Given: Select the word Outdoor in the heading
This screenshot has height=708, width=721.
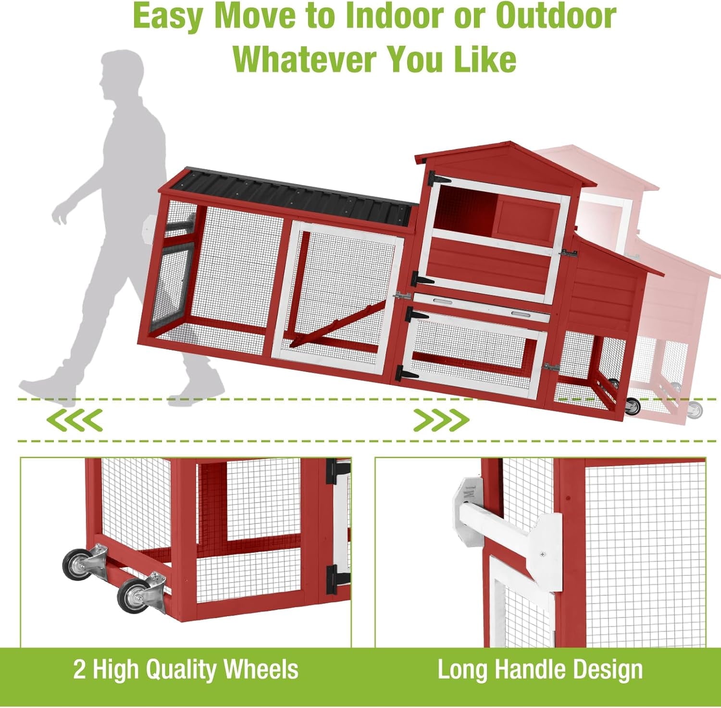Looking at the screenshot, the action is click(x=556, y=17).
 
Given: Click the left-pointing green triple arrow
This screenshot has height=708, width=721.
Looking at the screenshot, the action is click(x=74, y=420).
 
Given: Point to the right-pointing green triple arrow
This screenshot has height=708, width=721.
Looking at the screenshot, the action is click(x=441, y=420).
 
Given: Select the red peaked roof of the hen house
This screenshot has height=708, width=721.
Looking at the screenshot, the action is click(x=505, y=164).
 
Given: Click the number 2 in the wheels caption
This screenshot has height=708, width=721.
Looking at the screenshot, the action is click(x=79, y=670).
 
